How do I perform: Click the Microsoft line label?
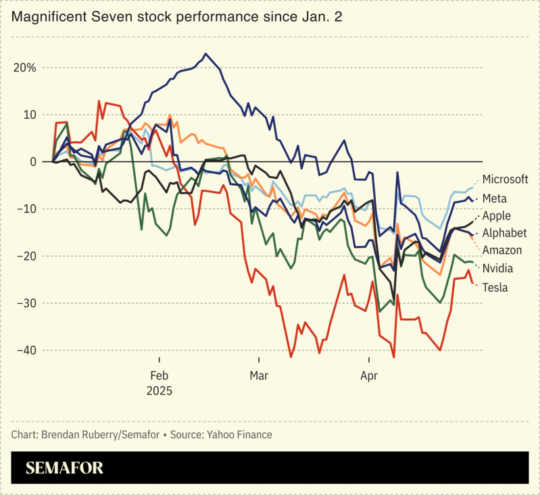point(505,180)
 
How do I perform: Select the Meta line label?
point(495,199)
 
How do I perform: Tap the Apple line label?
point(497,216)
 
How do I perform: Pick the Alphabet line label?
point(504,233)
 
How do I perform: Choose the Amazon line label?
point(502,251)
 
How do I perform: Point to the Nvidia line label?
point(497,268)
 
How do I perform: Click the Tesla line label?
point(495,287)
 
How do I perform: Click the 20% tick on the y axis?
point(24,68)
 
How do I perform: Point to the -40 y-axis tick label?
point(24,350)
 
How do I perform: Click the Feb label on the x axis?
point(159,375)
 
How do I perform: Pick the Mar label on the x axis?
point(259,375)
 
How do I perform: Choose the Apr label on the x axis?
point(369,375)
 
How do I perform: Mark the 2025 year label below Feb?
point(160,391)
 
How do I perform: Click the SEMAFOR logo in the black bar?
point(65,468)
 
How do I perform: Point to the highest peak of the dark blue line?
point(206,53)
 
